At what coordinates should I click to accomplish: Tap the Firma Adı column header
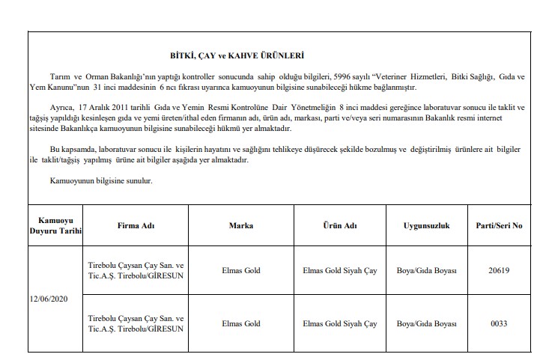click(136, 225)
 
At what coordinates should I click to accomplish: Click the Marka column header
click(242, 225)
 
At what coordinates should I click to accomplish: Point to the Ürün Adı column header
click(339, 225)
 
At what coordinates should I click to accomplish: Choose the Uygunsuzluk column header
click(426, 225)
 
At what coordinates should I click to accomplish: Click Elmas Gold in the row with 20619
click(242, 270)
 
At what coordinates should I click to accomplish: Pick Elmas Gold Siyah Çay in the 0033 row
click(339, 323)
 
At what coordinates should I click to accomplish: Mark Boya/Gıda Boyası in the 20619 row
click(426, 270)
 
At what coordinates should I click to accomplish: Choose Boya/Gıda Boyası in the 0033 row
click(426, 323)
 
